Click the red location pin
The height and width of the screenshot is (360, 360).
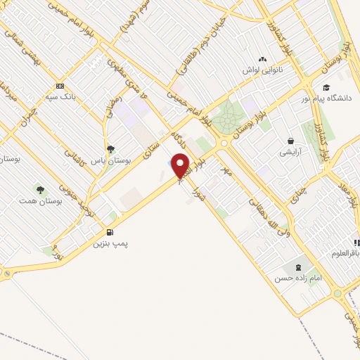(181, 167)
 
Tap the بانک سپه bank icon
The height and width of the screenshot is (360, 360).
(59, 86)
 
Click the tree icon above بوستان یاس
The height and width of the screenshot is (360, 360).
(110, 148)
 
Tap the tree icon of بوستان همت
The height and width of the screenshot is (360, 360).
(40, 189)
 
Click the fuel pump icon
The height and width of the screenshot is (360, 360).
(109, 232)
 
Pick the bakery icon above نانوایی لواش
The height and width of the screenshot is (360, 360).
(263, 60)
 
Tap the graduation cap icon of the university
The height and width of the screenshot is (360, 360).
(326, 87)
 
